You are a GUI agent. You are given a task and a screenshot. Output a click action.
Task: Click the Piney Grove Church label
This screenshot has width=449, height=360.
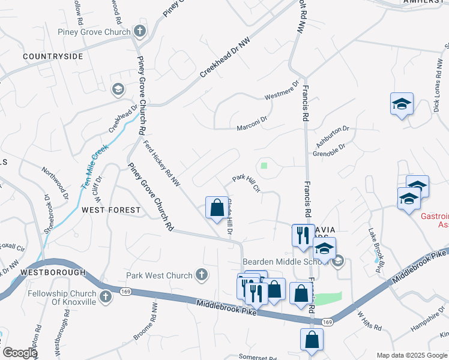click(x=94, y=32)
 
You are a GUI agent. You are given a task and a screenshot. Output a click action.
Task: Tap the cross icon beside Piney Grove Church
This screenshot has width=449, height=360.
click(x=140, y=31)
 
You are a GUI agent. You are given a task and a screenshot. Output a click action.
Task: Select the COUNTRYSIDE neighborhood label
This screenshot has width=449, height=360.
click(x=53, y=56)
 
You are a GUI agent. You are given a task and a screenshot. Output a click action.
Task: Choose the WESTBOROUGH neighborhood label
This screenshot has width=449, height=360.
click(x=53, y=272)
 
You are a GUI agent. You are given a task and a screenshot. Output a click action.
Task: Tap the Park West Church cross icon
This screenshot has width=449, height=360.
click(x=202, y=275)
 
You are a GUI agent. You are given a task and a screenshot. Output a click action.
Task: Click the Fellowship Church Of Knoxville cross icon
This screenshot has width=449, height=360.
click(x=106, y=296)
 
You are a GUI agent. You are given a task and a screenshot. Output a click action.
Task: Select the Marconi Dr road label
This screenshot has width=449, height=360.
click(x=252, y=128)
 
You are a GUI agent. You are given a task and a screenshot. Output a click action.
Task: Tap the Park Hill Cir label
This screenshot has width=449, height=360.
click(x=246, y=182)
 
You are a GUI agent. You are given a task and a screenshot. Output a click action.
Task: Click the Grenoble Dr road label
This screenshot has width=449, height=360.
click(x=329, y=150)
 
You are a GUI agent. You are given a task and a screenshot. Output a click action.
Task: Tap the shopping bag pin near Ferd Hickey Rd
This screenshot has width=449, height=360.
click(x=216, y=208)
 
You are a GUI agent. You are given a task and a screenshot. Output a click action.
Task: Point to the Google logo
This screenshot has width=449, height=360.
click(x=20, y=353)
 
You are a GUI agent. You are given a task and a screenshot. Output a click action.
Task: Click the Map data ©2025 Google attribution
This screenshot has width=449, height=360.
click(x=412, y=355)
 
